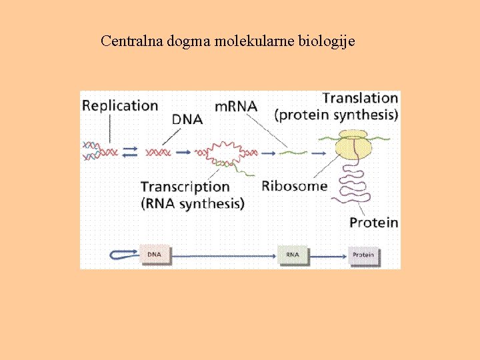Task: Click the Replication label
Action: pyautogui.click(x=120, y=105)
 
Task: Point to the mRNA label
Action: pyautogui.click(x=235, y=107)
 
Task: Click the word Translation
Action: pyautogui.click(x=360, y=98)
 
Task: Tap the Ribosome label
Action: pyautogui.click(x=294, y=185)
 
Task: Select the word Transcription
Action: pyautogui.click(x=185, y=187)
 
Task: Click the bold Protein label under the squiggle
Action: pyautogui.click(x=373, y=222)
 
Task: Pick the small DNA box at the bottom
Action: pyautogui.click(x=154, y=255)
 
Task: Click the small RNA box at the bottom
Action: pyautogui.click(x=292, y=255)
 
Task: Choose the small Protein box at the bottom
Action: pyautogui.click(x=363, y=255)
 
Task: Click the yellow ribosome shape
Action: pyautogui.click(x=356, y=149)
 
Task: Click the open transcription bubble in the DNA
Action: pyautogui.click(x=226, y=153)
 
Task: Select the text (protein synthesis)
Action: pyautogui.click(x=336, y=115)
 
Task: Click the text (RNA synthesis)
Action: pyautogui.click(x=192, y=203)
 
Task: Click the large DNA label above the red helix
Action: pyautogui.click(x=187, y=120)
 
